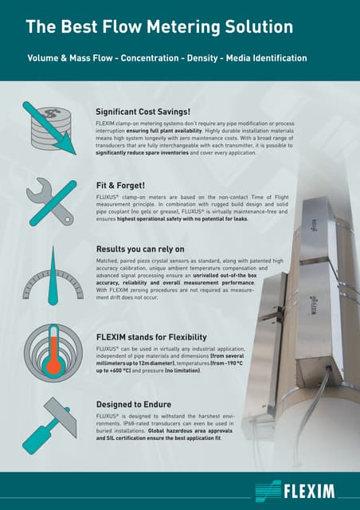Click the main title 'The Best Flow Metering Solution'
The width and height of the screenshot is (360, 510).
tap(159, 27)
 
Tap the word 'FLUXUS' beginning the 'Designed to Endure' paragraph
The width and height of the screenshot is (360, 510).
tap(107, 418)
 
